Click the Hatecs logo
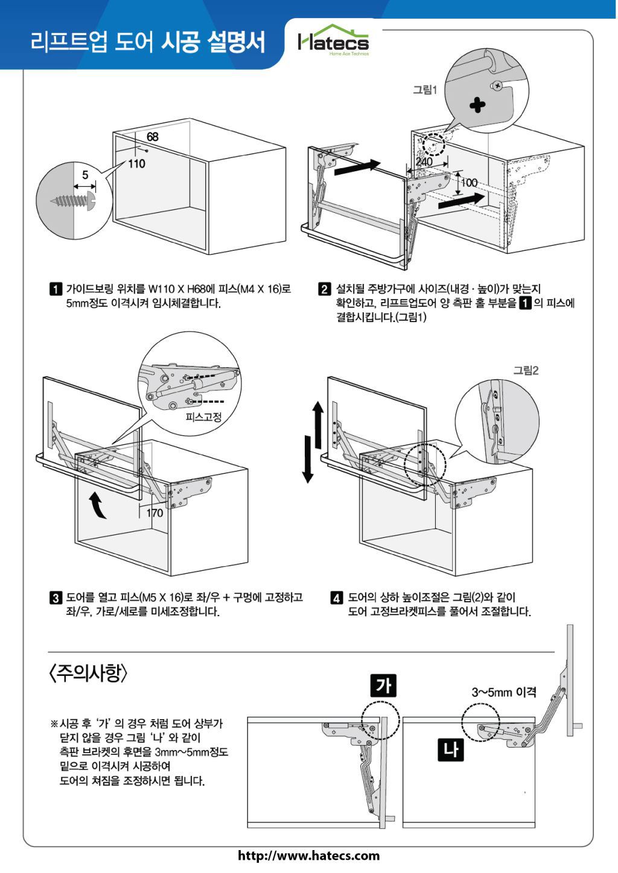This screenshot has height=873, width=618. pos(333,42)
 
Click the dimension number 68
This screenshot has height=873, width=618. pos(152,137)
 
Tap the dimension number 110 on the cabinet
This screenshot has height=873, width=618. pos(136,163)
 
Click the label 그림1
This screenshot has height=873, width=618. pos(424,90)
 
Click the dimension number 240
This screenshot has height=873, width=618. pos(424,162)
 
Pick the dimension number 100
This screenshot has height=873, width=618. pos(469,183)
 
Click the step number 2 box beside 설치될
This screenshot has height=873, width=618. pos(325,289)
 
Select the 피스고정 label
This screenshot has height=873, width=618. pos(203,417)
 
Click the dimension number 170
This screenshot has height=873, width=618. pos(155,514)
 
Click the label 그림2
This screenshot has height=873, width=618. pos(526,371)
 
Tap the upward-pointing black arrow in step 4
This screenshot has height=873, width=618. pos(318,415)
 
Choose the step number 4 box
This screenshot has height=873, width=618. pos(337,598)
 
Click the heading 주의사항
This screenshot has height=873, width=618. pos(89,673)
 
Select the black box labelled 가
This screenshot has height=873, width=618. pos(383,686)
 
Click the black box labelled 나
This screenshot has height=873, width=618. pos(450,750)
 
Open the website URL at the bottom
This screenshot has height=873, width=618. pos(309,856)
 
